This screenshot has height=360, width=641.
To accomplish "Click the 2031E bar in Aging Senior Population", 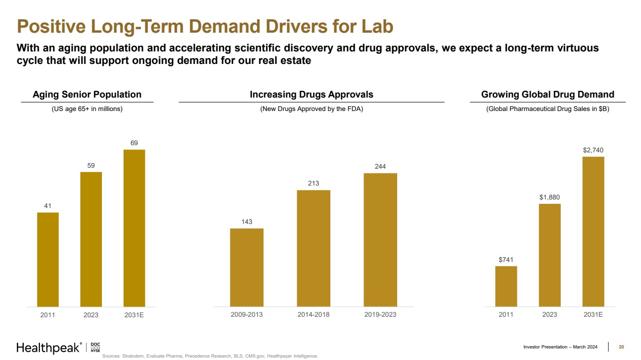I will tap(134, 228).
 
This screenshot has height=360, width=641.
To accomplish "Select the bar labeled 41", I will tap(48, 259).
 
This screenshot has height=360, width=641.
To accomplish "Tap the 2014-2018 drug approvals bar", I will tap(314, 248).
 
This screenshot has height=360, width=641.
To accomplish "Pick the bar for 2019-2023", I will tap(380, 239).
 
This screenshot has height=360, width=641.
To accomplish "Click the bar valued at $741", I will tap(506, 286).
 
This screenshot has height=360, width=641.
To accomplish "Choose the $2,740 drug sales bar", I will tap(593, 231).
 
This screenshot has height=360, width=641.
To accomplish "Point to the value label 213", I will tap(314, 183).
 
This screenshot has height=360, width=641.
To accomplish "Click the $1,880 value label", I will tap(549, 197).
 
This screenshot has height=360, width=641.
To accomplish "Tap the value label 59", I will tap(91, 165).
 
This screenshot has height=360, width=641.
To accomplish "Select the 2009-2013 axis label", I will tap(247, 314).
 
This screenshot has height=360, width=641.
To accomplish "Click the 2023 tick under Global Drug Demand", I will tap(549, 314).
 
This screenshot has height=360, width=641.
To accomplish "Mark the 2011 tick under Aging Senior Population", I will tap(48, 315).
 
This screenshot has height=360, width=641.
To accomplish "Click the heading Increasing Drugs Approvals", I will tap(312, 95).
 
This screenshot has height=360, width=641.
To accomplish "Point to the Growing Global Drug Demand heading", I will tap(548, 95).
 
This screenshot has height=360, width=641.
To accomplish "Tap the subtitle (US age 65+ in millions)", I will tap(87, 109).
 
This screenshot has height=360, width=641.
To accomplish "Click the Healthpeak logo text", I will tap(48, 348).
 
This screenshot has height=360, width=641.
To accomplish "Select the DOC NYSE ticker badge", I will tap(95, 348).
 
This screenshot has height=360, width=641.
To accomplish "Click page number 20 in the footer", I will tap(621, 347).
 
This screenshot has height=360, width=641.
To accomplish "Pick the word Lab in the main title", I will tap(377, 26).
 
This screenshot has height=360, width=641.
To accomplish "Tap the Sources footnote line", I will tap(210, 356).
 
